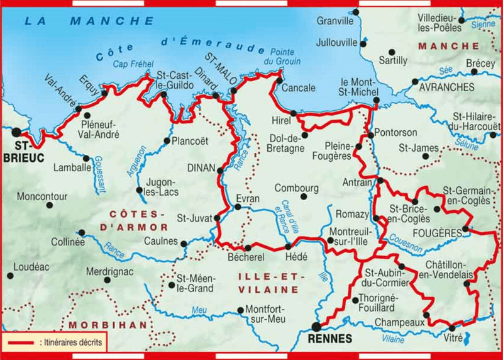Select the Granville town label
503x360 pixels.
pyautogui.click(x=335, y=21)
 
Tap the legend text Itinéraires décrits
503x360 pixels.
pyautogui.click(x=72, y=343)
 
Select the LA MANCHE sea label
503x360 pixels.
pyautogui.click(x=88, y=21)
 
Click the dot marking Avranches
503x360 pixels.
pyautogui.click(x=414, y=82)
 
